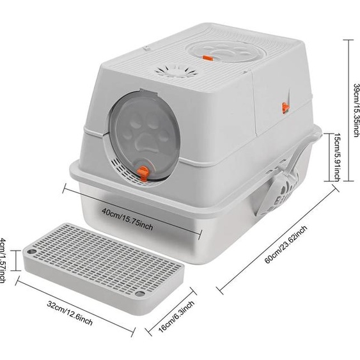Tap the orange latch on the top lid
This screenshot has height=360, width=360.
coord(208,59)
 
